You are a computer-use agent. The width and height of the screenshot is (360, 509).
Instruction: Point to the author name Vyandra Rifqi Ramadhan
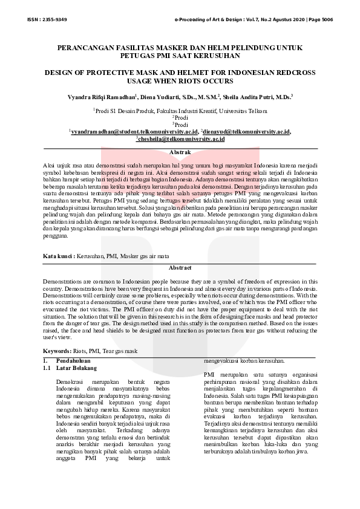pyautogui.click(x=103, y=96)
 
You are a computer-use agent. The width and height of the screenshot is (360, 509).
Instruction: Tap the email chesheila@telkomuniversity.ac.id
pyautogui.click(x=181, y=138)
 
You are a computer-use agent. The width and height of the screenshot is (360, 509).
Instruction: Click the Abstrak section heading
pyautogui.click(x=180, y=152)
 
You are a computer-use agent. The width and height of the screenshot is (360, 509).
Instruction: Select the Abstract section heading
pyautogui.click(x=180, y=267)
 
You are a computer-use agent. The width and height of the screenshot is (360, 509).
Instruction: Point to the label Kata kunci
pyautogui.click(x=58, y=256)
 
